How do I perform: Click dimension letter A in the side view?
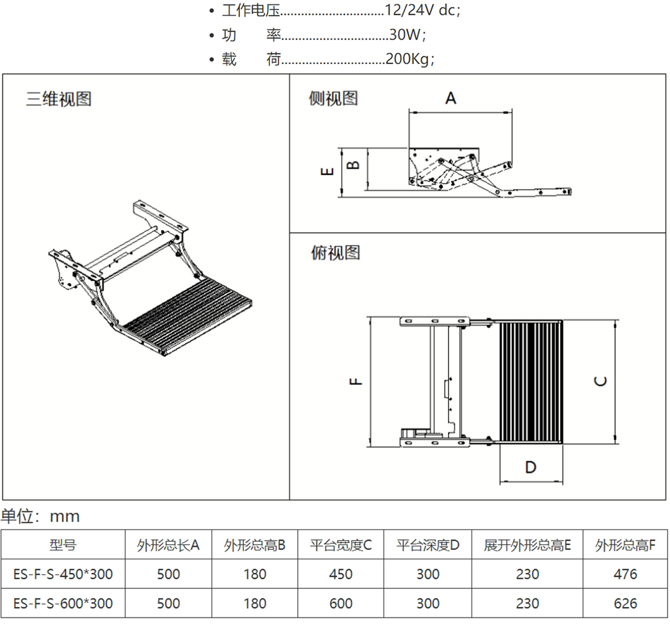(451, 98)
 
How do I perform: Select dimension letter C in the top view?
(601, 381)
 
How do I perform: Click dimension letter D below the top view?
(530, 466)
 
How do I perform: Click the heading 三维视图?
(58, 99)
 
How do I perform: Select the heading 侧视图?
(333, 98)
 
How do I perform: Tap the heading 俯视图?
(335, 253)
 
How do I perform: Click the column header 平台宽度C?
(341, 546)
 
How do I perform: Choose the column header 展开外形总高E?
(527, 546)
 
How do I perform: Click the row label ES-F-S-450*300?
(63, 574)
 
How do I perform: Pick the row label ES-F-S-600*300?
(63, 603)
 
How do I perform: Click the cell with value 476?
(624, 574)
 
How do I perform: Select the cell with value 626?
(624, 603)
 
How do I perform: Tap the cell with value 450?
(341, 574)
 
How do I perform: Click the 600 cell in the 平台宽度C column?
(341, 603)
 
